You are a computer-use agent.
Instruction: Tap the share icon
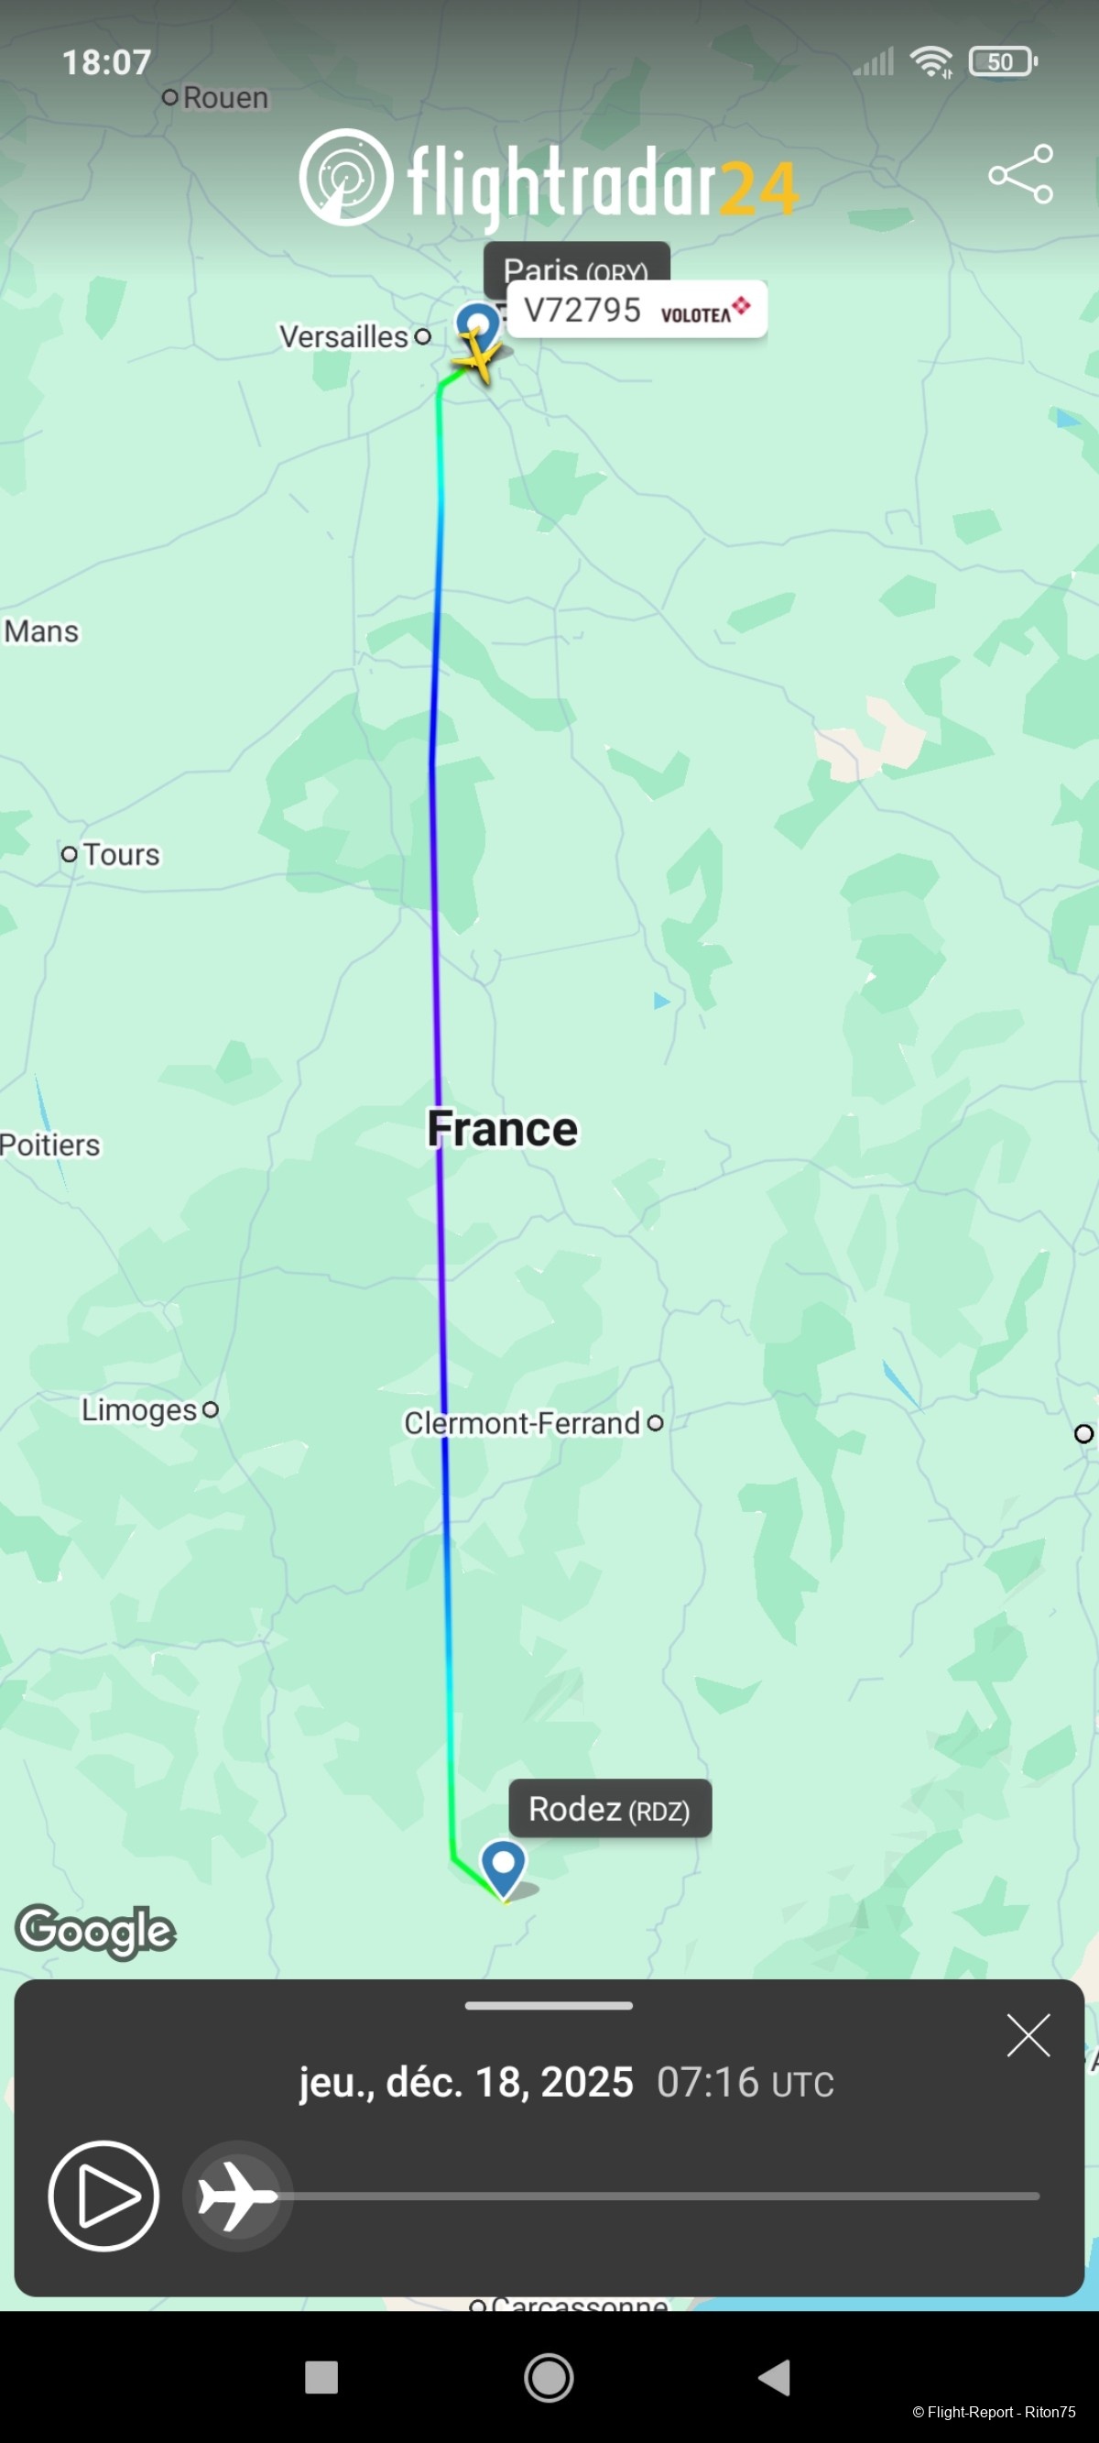[x=1020, y=173]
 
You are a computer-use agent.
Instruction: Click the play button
[x=103, y=2196]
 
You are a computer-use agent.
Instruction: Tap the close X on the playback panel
[x=1028, y=2035]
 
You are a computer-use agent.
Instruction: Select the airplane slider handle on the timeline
[x=237, y=2196]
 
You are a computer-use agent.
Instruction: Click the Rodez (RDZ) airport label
[x=610, y=1810]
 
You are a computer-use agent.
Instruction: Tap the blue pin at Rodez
[x=504, y=1866]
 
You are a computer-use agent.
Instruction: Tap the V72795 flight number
[x=582, y=310]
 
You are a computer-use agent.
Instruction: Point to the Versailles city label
[x=344, y=336]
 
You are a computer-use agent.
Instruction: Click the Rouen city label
[x=224, y=98]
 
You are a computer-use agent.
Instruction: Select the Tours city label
[x=120, y=854]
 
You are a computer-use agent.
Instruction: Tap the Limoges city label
[x=139, y=1410]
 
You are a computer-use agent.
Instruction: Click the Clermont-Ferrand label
[x=522, y=1422]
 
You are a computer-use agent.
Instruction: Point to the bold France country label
[x=502, y=1129]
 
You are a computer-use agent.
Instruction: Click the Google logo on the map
[x=96, y=1931]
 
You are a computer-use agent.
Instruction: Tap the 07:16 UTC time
[x=745, y=2084]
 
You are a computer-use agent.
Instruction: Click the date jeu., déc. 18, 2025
[x=465, y=2083]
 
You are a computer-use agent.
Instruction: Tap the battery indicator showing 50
[x=1002, y=62]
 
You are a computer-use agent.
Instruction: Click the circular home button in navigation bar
[x=549, y=2378]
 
